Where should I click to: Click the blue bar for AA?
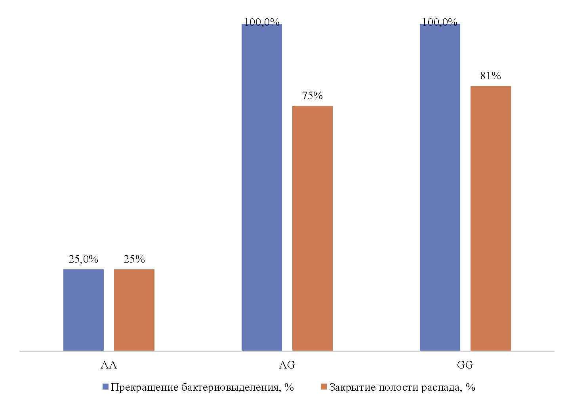pos(84,310)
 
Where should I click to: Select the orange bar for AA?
pos(134,310)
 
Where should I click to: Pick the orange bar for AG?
pos(313,228)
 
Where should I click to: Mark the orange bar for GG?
pos(491,218)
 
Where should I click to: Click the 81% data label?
pos(491,76)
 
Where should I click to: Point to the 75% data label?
pos(313,96)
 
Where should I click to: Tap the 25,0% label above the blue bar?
pos(84,259)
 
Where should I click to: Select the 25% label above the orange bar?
pos(134,259)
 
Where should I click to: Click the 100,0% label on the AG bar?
pos(262,22)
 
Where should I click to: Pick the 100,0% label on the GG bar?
pos(440,22)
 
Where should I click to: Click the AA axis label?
pos(109,365)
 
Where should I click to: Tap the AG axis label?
pos(287,365)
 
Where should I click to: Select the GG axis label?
pos(465,365)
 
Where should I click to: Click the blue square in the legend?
pos(105,387)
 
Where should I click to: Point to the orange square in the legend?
pos(324,387)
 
